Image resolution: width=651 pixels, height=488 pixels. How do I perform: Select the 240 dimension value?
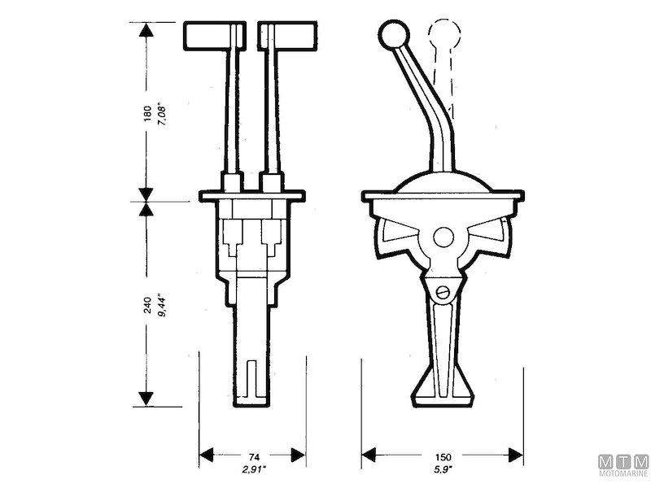tap(146, 305)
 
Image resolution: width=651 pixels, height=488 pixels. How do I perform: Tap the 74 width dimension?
tap(252, 457)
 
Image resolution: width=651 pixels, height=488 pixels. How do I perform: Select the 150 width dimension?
tap(443, 457)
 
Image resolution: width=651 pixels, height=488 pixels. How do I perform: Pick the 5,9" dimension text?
tap(443, 471)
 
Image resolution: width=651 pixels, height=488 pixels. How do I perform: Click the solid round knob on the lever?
tap(394, 37)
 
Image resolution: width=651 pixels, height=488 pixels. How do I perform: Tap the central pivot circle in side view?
tap(443, 237)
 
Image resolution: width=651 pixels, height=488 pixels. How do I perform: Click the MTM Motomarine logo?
tap(623, 466)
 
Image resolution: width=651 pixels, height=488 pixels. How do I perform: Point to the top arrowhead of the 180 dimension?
tap(146, 31)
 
